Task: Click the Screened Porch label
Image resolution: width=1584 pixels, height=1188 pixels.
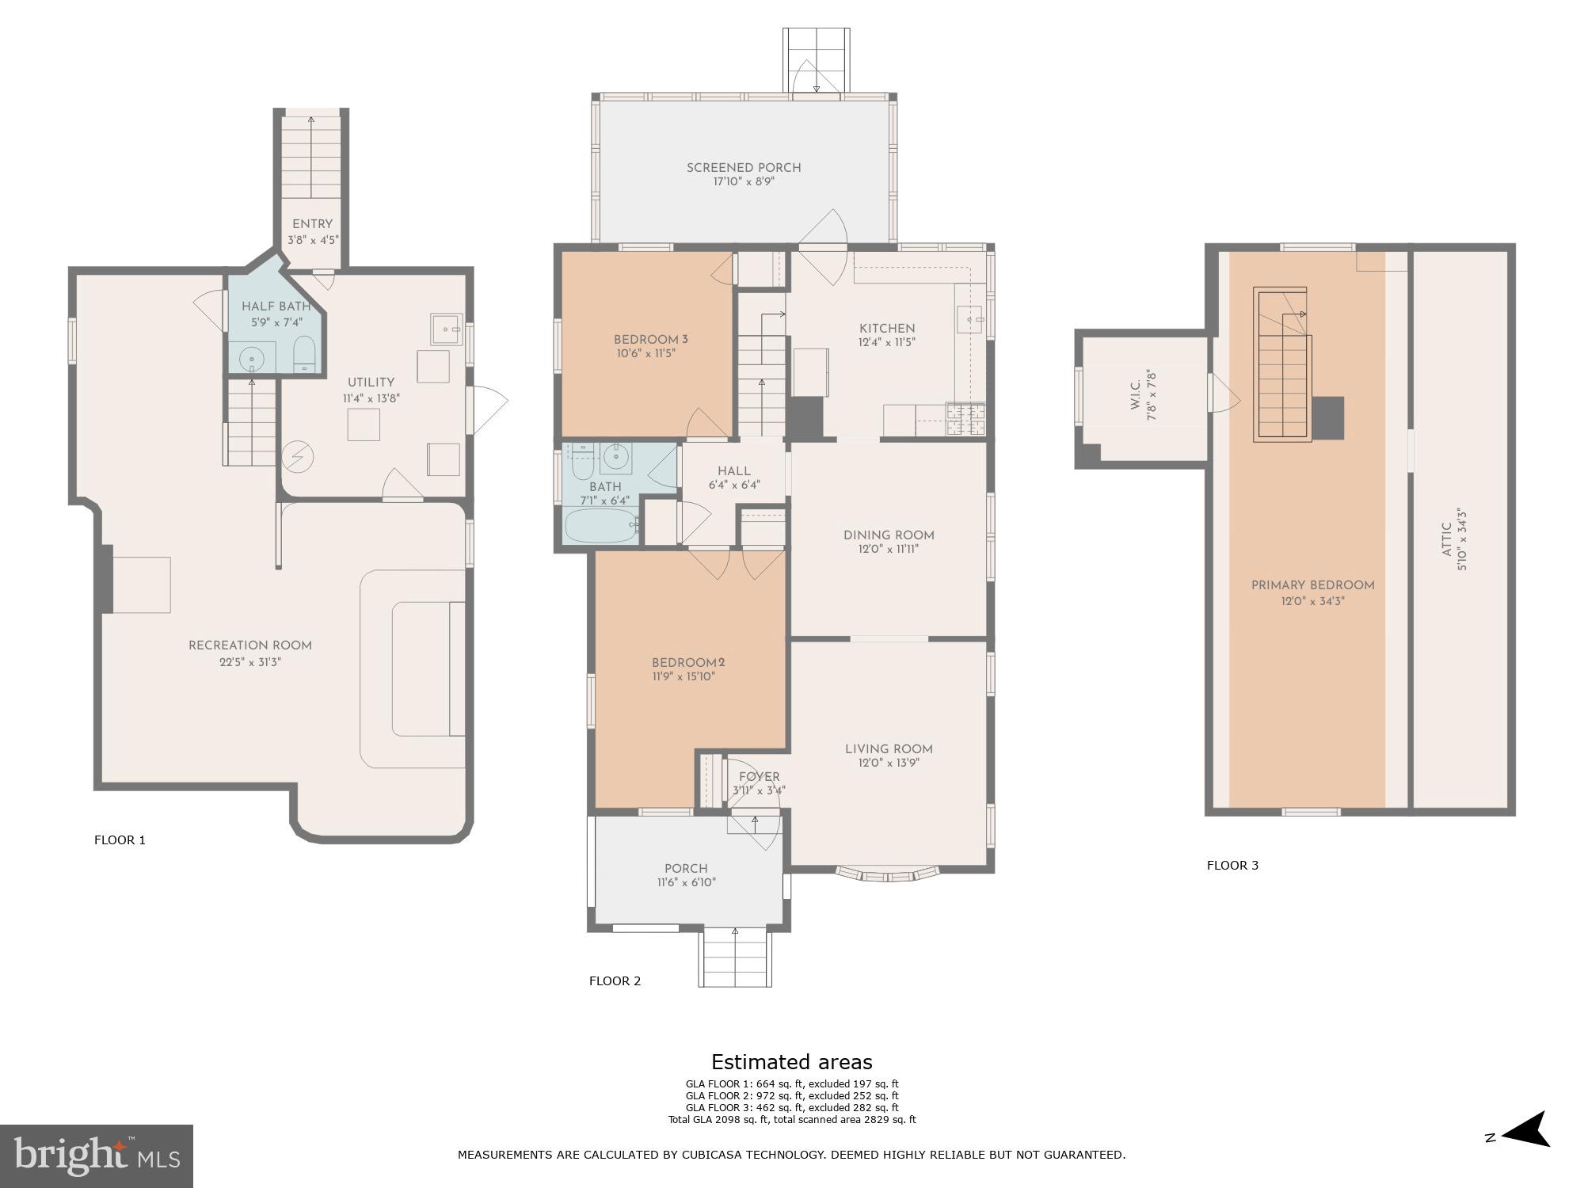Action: tap(743, 168)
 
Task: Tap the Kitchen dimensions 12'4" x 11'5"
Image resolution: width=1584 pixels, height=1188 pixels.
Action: tap(887, 343)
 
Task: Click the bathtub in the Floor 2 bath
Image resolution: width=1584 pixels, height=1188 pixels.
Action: tap(600, 525)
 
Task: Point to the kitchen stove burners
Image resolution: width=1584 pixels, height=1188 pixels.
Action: tap(967, 420)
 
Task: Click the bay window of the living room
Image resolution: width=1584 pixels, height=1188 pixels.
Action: tap(888, 874)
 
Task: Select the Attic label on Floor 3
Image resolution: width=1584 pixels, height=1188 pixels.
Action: tap(1446, 540)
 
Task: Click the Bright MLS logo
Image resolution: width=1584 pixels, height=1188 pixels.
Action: tap(96, 1156)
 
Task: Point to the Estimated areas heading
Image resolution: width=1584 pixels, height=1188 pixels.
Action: tap(791, 1062)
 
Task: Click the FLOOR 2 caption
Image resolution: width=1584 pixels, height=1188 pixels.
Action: tap(615, 981)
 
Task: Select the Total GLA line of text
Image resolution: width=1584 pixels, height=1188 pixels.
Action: tap(791, 1120)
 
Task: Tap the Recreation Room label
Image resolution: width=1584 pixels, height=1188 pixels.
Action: tap(249, 645)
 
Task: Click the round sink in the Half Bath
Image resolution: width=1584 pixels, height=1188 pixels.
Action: tap(252, 360)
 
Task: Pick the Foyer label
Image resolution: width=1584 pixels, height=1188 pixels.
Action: tap(759, 777)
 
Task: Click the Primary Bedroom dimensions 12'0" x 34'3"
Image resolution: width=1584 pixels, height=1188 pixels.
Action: tap(1312, 601)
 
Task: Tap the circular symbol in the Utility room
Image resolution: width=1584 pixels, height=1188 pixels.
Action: tap(299, 456)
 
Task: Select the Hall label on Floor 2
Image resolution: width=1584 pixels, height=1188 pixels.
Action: tap(733, 471)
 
